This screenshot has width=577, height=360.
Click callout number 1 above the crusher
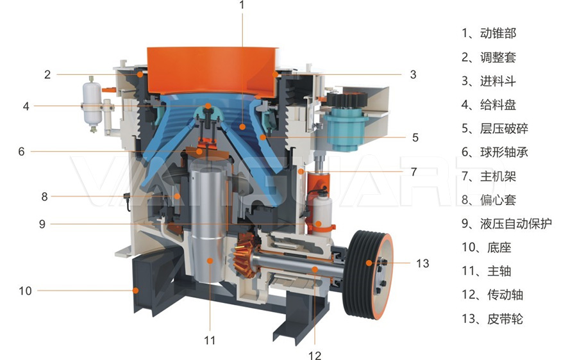point(242,5)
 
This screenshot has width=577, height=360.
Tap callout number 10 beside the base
point(26,291)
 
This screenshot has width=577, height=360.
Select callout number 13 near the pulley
point(423,263)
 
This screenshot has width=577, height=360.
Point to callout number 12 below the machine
point(315,355)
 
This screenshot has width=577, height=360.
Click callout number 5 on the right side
point(415,138)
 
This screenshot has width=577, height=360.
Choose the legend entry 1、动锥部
point(489,33)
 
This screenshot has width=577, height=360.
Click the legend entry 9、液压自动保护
point(506,224)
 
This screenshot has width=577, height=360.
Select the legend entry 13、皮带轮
point(492,318)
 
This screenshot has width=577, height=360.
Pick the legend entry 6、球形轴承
point(495,152)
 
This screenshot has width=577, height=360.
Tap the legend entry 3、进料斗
point(489,81)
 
